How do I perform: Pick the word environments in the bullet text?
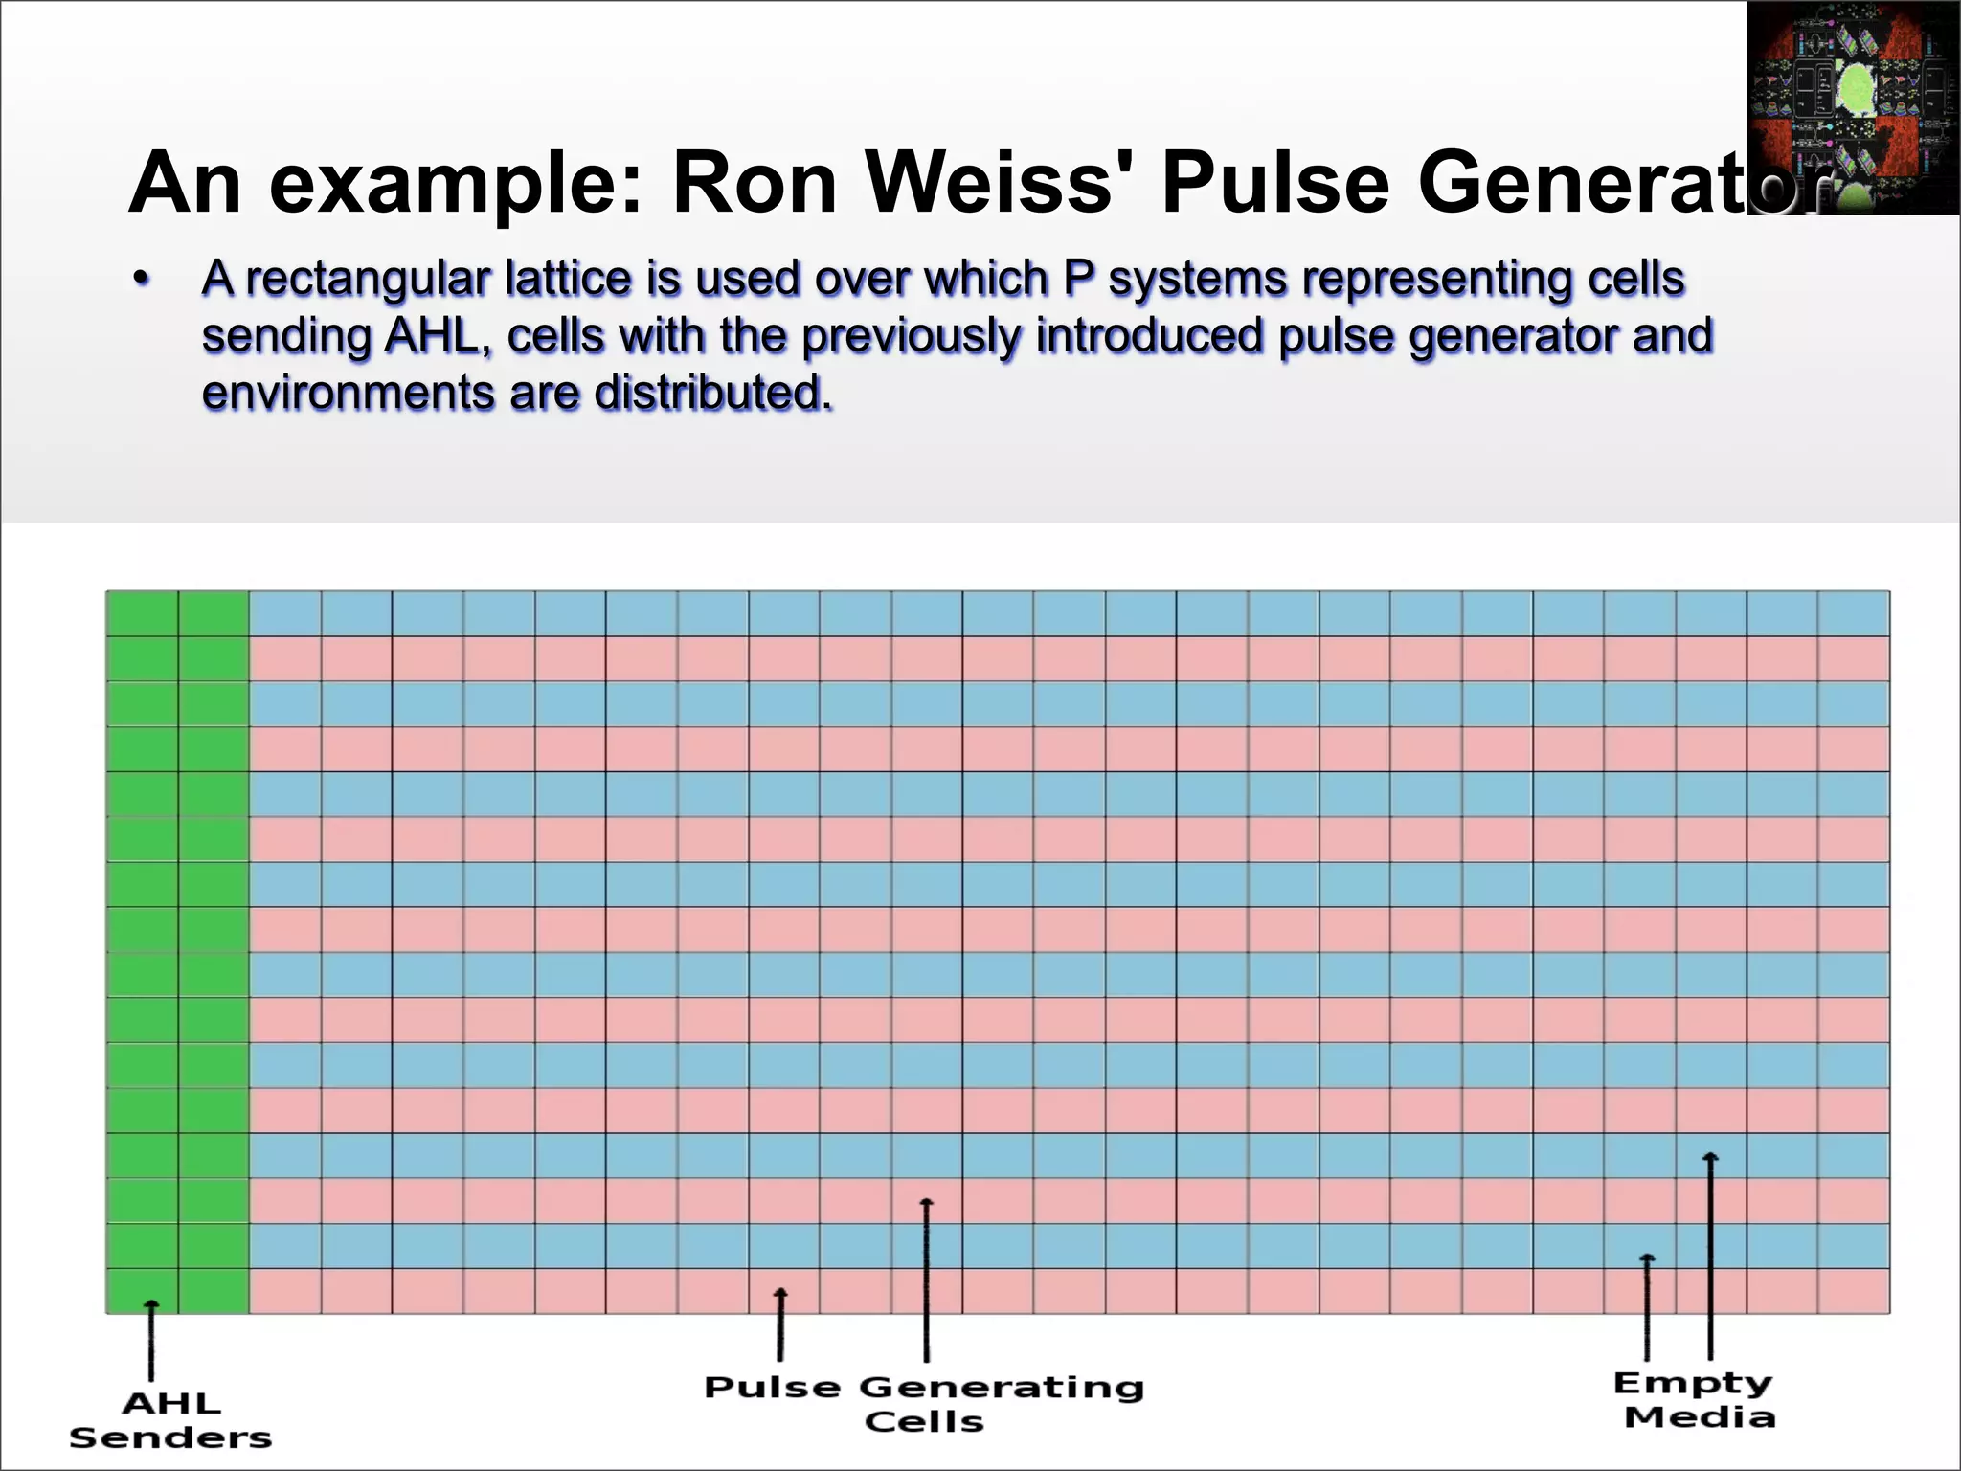(348, 394)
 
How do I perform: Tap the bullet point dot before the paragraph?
(142, 280)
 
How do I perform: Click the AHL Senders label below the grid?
(170, 1420)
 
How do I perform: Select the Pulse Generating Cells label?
(924, 1404)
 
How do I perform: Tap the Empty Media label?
(1694, 1399)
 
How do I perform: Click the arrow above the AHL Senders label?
(151, 1341)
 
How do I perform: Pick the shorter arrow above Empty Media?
(1647, 1306)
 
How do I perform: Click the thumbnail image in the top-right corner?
(1852, 107)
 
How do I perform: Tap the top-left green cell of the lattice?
(142, 613)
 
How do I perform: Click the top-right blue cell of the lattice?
(1854, 613)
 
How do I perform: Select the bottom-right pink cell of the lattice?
(1854, 1291)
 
